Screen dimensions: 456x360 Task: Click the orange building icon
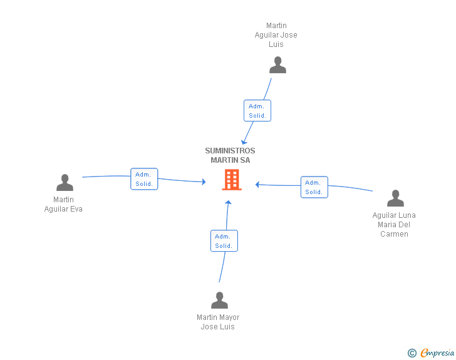(x=232, y=180)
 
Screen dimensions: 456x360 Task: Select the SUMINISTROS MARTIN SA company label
(x=230, y=155)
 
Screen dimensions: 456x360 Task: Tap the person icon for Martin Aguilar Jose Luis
(x=277, y=65)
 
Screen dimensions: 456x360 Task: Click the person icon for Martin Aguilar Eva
(x=65, y=183)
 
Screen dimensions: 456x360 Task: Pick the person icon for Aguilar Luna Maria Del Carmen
(x=395, y=198)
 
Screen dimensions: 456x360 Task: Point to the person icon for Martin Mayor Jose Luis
(x=220, y=300)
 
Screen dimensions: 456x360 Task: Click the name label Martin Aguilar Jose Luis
(x=276, y=35)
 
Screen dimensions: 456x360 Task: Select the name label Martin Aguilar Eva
(x=63, y=204)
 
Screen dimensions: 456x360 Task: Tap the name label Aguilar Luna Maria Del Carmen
(x=394, y=225)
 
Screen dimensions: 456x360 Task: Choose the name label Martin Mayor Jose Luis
(x=218, y=322)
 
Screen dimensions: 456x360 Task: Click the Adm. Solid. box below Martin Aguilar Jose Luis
(x=257, y=110)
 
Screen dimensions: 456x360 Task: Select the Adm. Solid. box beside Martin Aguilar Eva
(x=144, y=179)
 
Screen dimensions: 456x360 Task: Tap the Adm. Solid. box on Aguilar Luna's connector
(x=314, y=187)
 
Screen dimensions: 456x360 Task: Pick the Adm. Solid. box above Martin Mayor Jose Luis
(x=224, y=241)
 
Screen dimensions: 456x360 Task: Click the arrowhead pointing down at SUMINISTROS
(x=244, y=142)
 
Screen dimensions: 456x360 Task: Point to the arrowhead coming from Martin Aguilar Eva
(x=204, y=182)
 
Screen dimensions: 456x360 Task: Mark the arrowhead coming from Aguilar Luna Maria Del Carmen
(x=257, y=184)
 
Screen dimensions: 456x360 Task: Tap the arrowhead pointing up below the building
(x=228, y=202)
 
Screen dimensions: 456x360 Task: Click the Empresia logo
(x=437, y=352)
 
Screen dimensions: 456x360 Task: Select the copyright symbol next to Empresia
(x=412, y=353)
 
